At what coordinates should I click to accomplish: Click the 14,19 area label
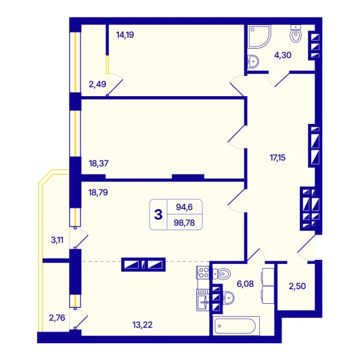click(125, 35)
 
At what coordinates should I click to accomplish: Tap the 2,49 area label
click(97, 85)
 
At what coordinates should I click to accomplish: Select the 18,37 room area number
click(99, 164)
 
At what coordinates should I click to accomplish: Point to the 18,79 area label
click(98, 192)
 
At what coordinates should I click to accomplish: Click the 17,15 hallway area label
click(277, 158)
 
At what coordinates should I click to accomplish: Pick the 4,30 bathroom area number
click(283, 55)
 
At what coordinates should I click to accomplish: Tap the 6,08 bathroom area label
click(245, 284)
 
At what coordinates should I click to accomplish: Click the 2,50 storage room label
click(297, 286)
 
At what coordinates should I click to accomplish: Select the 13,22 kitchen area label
click(142, 325)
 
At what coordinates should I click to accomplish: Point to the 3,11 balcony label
click(57, 240)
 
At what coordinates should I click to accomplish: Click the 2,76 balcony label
click(57, 318)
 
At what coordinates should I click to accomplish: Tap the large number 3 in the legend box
click(158, 215)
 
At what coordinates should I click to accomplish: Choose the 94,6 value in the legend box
click(184, 207)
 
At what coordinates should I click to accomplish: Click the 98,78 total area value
click(184, 223)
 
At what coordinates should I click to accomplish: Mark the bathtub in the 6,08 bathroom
click(236, 325)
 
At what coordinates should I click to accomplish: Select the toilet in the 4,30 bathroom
click(296, 34)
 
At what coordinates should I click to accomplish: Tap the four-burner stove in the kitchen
click(203, 273)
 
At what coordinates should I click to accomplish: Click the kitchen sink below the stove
click(203, 302)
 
